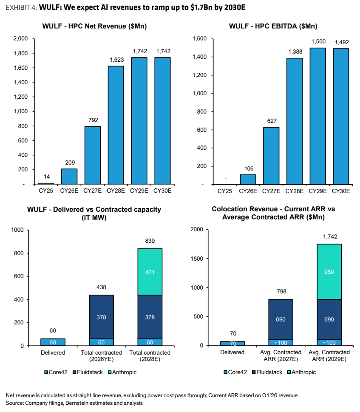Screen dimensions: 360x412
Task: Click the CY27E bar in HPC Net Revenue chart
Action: click(x=92, y=155)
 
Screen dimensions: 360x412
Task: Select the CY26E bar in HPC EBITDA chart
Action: click(x=248, y=179)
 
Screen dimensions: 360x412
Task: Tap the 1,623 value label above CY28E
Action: click(x=116, y=60)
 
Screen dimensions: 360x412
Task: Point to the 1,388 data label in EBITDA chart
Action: click(x=295, y=52)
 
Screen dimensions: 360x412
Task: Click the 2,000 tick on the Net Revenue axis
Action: click(x=20, y=39)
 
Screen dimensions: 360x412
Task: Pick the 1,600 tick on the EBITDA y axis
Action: click(x=200, y=39)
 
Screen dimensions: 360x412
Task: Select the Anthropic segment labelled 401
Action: click(x=150, y=272)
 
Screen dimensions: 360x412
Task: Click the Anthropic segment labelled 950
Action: click(x=329, y=272)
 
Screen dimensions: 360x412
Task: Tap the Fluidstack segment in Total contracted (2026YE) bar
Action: click(x=101, y=317)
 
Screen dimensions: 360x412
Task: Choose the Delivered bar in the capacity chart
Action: click(x=53, y=342)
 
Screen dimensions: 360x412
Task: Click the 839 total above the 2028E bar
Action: click(x=150, y=241)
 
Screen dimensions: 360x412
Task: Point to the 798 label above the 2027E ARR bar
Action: click(x=281, y=291)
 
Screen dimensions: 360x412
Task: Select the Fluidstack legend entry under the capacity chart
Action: click(x=88, y=372)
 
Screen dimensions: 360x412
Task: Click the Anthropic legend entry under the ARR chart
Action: click(x=302, y=372)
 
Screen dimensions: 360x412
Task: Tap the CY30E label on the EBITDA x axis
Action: click(x=341, y=191)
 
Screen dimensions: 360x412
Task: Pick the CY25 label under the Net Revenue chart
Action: click(x=46, y=191)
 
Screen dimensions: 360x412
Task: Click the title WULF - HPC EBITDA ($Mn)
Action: click(x=273, y=26)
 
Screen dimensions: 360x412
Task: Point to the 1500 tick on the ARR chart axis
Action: click(x=197, y=259)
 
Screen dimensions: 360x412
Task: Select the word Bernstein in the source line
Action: click(x=76, y=403)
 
